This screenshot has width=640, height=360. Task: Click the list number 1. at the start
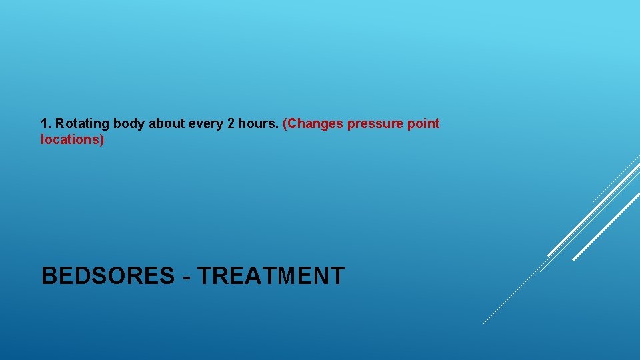coord(46,124)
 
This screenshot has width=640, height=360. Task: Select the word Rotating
coord(83,124)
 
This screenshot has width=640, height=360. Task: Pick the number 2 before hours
coord(231,124)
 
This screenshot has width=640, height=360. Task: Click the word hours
coord(257,124)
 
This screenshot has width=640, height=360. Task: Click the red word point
coord(424,124)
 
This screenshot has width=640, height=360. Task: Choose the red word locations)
coord(73,141)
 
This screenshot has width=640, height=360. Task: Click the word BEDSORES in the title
coord(107,276)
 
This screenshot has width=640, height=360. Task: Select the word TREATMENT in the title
coord(271,276)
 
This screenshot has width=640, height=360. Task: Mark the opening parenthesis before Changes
coord(285,124)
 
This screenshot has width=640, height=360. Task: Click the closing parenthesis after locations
coord(102,141)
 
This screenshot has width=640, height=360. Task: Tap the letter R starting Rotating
coord(60,124)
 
